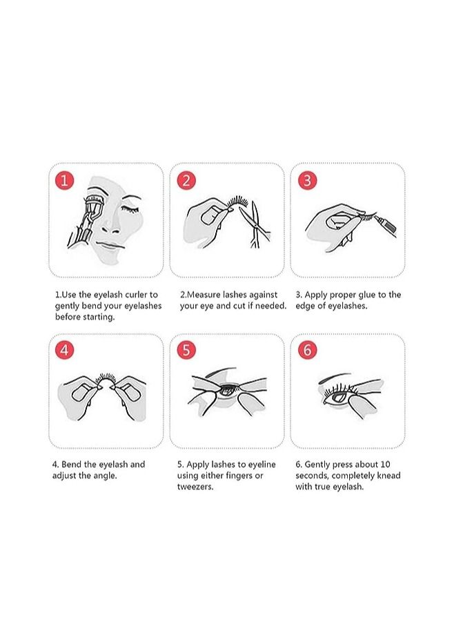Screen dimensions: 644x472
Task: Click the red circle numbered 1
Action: click(x=65, y=181)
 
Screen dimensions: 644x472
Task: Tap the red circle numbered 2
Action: click(x=186, y=181)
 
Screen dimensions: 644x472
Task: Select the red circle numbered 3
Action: click(x=307, y=181)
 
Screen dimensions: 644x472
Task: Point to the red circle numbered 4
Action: click(x=65, y=350)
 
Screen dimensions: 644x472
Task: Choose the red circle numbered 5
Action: click(x=186, y=350)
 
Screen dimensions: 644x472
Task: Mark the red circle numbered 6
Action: click(x=307, y=350)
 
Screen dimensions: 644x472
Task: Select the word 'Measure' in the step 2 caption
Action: click(x=206, y=295)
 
